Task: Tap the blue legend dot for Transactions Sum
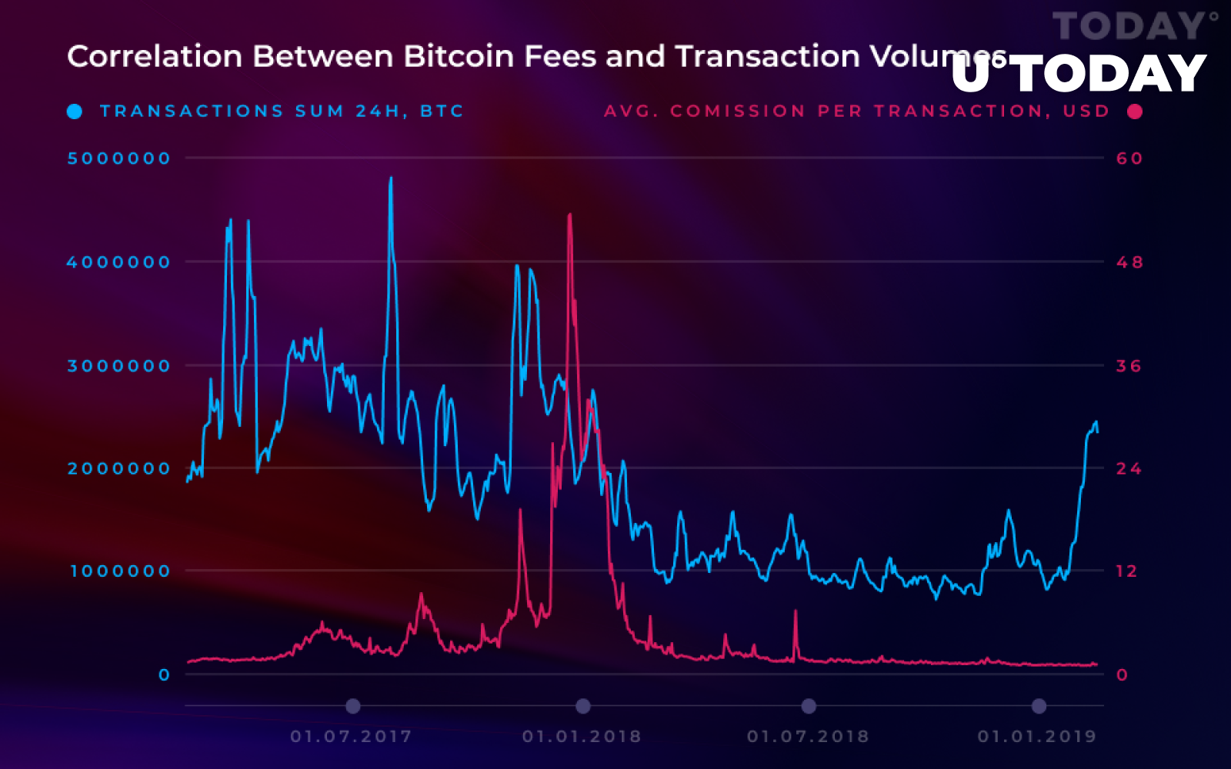[x=75, y=112]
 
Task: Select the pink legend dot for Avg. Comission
[x=1134, y=112]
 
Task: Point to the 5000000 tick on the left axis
[x=118, y=158]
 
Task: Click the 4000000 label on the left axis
[x=118, y=262]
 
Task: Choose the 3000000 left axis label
[x=118, y=366]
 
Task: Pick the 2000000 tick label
[x=118, y=469]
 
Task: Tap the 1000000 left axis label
[x=120, y=571]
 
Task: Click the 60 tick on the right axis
[x=1129, y=158]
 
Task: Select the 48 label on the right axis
[x=1129, y=262]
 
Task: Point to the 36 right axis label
[x=1129, y=366]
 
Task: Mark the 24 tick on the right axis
[x=1129, y=469]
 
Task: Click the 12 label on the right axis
[x=1126, y=571]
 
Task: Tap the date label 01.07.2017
[x=351, y=737]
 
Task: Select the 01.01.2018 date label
[x=582, y=737]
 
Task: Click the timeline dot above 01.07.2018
[x=808, y=706]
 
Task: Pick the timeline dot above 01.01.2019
[x=1039, y=706]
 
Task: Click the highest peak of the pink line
[x=569, y=215]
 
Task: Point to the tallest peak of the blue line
[x=391, y=178]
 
